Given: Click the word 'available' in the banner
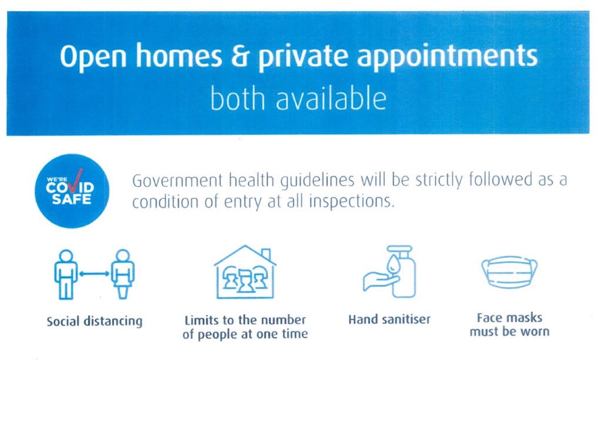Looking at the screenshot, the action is click(x=331, y=98).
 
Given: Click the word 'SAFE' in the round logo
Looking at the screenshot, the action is click(x=72, y=199).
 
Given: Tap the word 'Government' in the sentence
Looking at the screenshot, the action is click(x=177, y=181).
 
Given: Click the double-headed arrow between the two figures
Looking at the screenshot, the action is click(x=94, y=274).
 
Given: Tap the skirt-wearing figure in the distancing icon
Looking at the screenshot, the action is click(x=123, y=274).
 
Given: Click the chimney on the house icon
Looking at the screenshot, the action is click(x=266, y=254).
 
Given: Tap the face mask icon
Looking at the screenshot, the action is click(x=509, y=272).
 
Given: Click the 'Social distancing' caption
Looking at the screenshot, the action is click(x=95, y=322).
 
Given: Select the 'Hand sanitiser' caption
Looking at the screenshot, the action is click(x=389, y=319).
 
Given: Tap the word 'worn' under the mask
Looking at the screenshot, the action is click(x=535, y=332).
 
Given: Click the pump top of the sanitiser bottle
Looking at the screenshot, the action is click(x=400, y=249).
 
